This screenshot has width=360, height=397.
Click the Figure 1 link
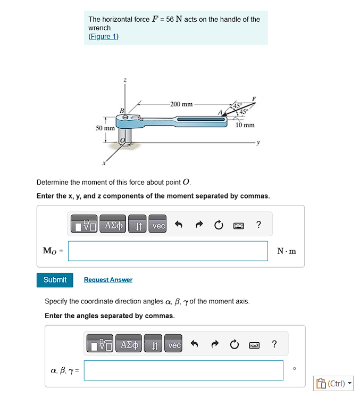103,36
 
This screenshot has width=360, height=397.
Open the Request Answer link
108,280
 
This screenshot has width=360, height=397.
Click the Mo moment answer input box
168,251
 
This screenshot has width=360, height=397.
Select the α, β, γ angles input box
183,370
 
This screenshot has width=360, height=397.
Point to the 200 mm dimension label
181,104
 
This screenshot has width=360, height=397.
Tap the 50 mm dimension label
105,128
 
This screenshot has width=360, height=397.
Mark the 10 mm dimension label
245,125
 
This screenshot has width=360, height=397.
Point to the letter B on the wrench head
122,110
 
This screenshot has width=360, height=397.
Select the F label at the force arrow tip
254,99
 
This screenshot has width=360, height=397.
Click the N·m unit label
287,251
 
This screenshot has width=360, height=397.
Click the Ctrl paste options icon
333,383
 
